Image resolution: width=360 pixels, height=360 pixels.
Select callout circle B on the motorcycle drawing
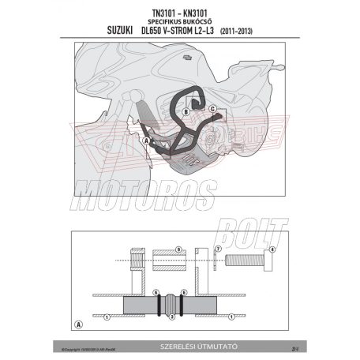click(x=186, y=112)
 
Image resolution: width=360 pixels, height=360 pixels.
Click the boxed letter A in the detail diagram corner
click(x=78, y=324)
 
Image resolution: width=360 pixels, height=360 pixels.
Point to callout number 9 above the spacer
click(x=178, y=249)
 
